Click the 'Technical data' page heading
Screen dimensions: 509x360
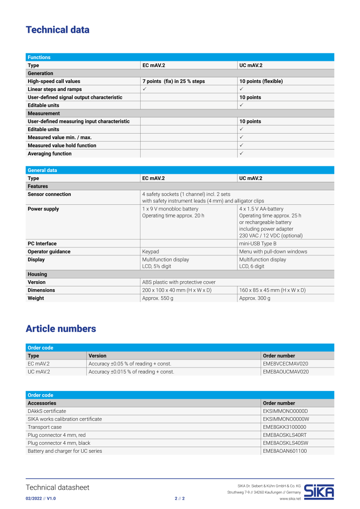(x=57, y=30)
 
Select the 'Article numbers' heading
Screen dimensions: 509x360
(x=60, y=329)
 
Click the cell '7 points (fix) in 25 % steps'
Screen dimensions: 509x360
(x=173, y=81)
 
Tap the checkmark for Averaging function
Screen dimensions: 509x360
(x=241, y=153)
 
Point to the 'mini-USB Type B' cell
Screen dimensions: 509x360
(x=258, y=244)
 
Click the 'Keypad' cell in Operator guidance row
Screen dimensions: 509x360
(x=150, y=252)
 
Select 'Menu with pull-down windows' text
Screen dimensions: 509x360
(x=273, y=252)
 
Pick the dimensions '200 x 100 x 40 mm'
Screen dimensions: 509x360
(x=177, y=290)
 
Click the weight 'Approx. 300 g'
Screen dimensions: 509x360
(x=255, y=298)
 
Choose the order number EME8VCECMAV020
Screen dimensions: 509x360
(x=285, y=364)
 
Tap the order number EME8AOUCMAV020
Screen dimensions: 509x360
(x=285, y=372)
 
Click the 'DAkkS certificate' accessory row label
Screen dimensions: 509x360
(x=47, y=411)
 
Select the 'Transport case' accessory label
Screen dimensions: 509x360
(x=45, y=427)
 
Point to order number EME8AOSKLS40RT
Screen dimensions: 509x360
(x=285, y=435)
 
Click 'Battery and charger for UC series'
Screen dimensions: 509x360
(x=65, y=451)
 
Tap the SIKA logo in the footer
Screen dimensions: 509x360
(x=319, y=491)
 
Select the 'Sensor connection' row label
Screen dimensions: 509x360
(x=49, y=194)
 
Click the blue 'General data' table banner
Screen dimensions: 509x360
(x=180, y=170)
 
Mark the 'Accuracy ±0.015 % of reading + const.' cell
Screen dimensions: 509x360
(x=131, y=372)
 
